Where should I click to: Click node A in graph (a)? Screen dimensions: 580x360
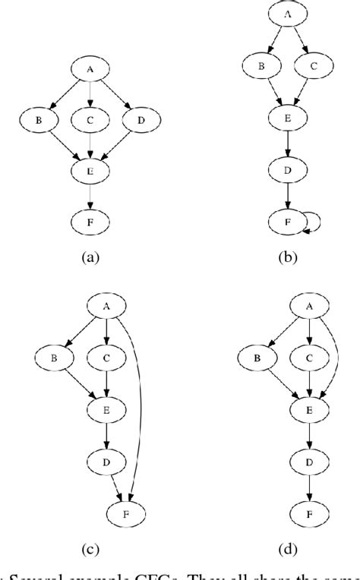(x=90, y=70)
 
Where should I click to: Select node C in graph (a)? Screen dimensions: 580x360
(x=90, y=119)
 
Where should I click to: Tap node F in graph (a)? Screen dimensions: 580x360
(x=90, y=222)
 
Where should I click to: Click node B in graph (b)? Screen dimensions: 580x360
(x=261, y=67)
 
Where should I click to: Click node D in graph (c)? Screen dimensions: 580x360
(x=106, y=460)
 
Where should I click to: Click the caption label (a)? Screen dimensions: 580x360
(x=90, y=258)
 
